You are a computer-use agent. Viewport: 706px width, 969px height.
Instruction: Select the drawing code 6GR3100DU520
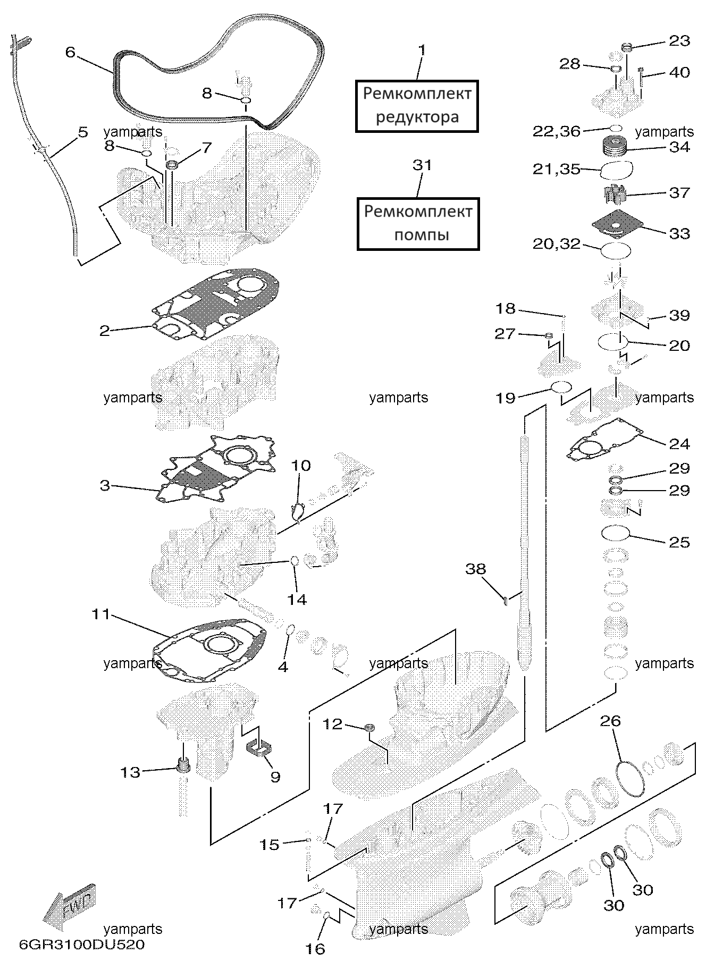(82, 945)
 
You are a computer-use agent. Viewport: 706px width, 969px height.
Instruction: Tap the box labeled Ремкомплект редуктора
(417, 106)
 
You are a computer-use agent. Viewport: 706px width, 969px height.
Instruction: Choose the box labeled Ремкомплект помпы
(418, 223)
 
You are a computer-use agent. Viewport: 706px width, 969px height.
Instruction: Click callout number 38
(476, 569)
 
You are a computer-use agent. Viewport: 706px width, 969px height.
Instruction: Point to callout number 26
(610, 721)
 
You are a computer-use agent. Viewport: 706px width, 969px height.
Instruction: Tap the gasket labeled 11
(209, 651)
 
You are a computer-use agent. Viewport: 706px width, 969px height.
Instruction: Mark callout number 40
(679, 72)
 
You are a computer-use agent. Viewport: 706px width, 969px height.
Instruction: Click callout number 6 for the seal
(71, 52)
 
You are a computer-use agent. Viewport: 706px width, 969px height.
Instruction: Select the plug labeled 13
(183, 765)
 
